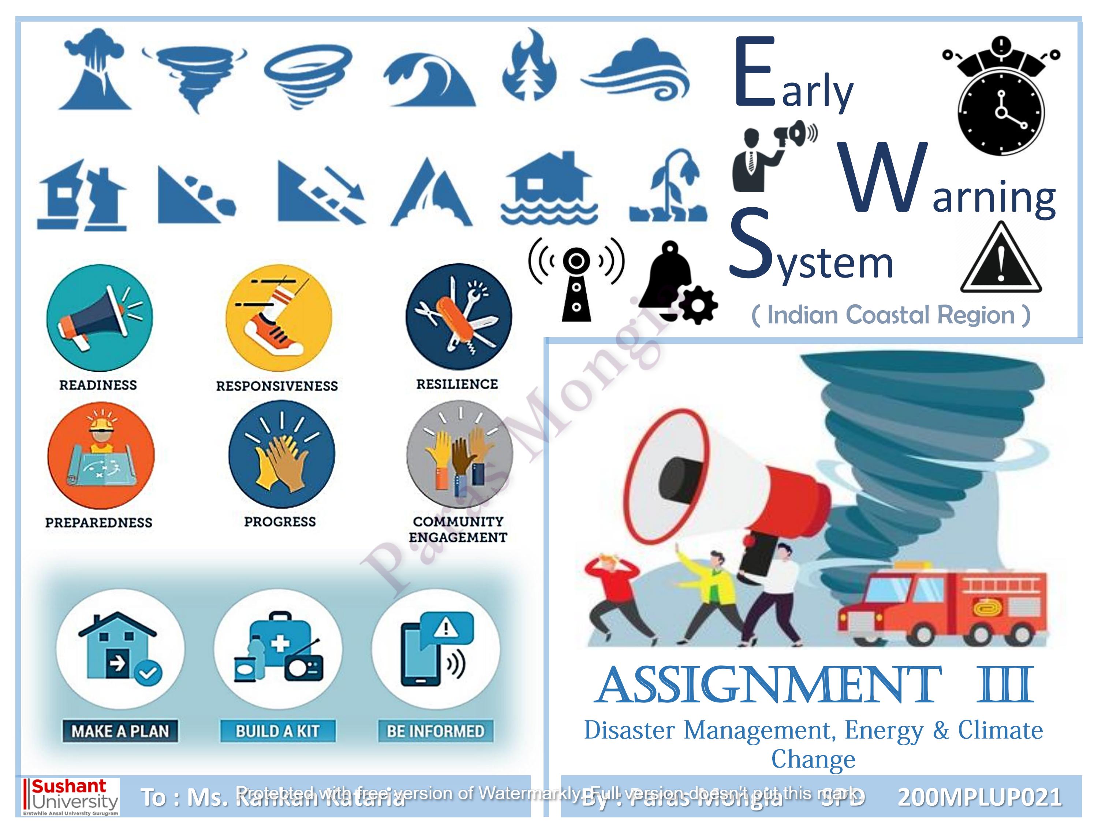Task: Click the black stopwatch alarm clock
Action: pos(1001,97)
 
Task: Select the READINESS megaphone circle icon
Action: pos(99,318)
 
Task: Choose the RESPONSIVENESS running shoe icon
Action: pos(278,318)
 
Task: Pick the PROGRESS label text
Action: pos(280,522)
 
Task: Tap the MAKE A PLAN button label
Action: pos(120,731)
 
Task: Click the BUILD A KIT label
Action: pos(278,731)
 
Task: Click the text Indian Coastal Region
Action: pos(891,315)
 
